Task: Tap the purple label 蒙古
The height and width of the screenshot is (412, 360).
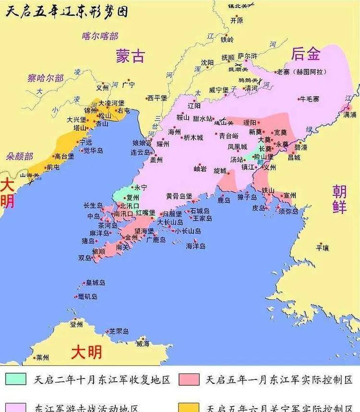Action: (130, 56)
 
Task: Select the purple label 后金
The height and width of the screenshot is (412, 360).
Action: (306, 54)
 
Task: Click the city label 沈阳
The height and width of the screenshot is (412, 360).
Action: (207, 62)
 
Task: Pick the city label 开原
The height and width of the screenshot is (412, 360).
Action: (236, 21)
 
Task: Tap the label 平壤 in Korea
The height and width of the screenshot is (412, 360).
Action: (323, 247)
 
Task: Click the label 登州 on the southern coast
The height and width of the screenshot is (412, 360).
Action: (77, 325)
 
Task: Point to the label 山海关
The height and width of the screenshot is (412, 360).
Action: (29, 176)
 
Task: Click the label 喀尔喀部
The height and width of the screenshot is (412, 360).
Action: (100, 35)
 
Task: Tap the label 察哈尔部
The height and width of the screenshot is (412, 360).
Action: (45, 78)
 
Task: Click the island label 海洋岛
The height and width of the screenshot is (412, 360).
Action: (196, 246)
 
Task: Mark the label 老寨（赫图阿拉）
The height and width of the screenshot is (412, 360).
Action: (301, 72)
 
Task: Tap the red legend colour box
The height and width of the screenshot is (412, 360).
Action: (188, 378)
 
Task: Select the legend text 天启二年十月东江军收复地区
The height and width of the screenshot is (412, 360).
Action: (102, 380)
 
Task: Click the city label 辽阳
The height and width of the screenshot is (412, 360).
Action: (194, 106)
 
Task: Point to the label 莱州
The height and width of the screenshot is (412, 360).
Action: (42, 357)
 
